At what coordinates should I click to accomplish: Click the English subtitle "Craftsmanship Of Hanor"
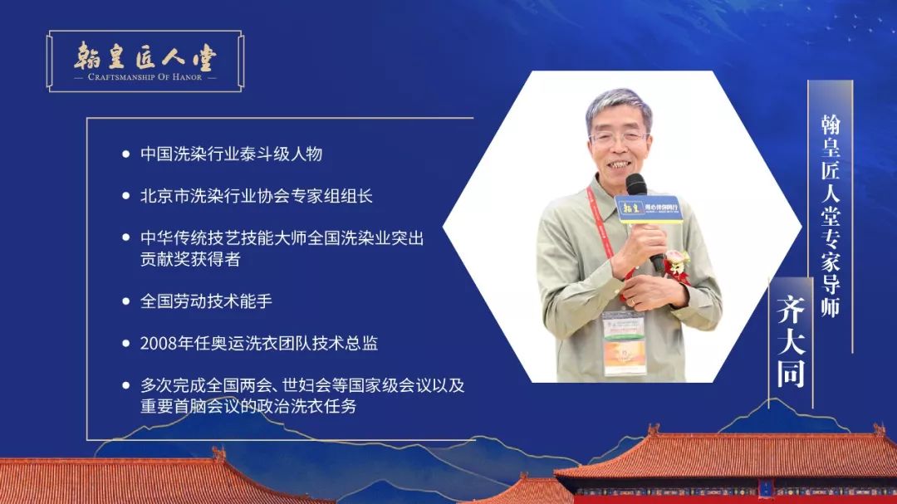point(145,76)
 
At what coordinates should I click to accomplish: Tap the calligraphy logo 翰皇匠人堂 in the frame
point(145,56)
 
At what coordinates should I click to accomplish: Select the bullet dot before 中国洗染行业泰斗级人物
point(126,154)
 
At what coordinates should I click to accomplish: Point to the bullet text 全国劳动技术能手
point(206,301)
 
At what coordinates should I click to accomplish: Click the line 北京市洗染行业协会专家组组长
point(257,196)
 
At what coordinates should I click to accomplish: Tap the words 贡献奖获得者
point(190,259)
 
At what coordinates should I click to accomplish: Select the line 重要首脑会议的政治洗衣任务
point(248,406)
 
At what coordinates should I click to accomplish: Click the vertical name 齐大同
point(791,341)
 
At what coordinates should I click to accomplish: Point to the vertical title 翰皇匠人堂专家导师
point(830,215)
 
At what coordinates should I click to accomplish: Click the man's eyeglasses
point(619,137)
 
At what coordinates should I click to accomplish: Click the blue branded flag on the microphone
point(648,208)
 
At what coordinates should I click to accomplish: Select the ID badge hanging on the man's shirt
point(624,343)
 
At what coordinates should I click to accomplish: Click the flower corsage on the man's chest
point(677,266)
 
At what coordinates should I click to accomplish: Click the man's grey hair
point(618,106)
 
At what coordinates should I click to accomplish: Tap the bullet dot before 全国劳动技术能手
point(126,301)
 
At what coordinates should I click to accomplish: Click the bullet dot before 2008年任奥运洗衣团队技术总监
point(126,343)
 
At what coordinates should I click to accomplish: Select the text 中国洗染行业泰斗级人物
point(231,154)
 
